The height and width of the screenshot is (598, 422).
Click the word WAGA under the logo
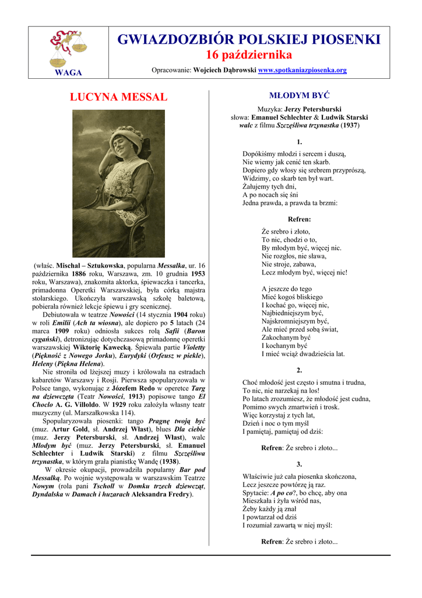pos(68,72)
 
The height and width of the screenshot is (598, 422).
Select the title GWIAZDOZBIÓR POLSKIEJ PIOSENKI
pos(249,40)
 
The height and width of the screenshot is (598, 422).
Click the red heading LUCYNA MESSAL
pos(118,97)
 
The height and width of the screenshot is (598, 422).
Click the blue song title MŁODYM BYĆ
pos(299,95)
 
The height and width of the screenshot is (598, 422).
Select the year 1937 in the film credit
pos(350,126)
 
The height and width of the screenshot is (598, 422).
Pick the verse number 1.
pos(299,142)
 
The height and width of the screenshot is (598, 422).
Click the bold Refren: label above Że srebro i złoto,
pos(299,219)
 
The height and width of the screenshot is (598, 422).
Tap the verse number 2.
pos(299,370)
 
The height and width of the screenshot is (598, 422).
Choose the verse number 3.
pos(299,464)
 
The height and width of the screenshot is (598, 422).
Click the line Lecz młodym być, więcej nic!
pos(304,272)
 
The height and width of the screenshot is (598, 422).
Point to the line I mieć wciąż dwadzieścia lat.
pos(303,354)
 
